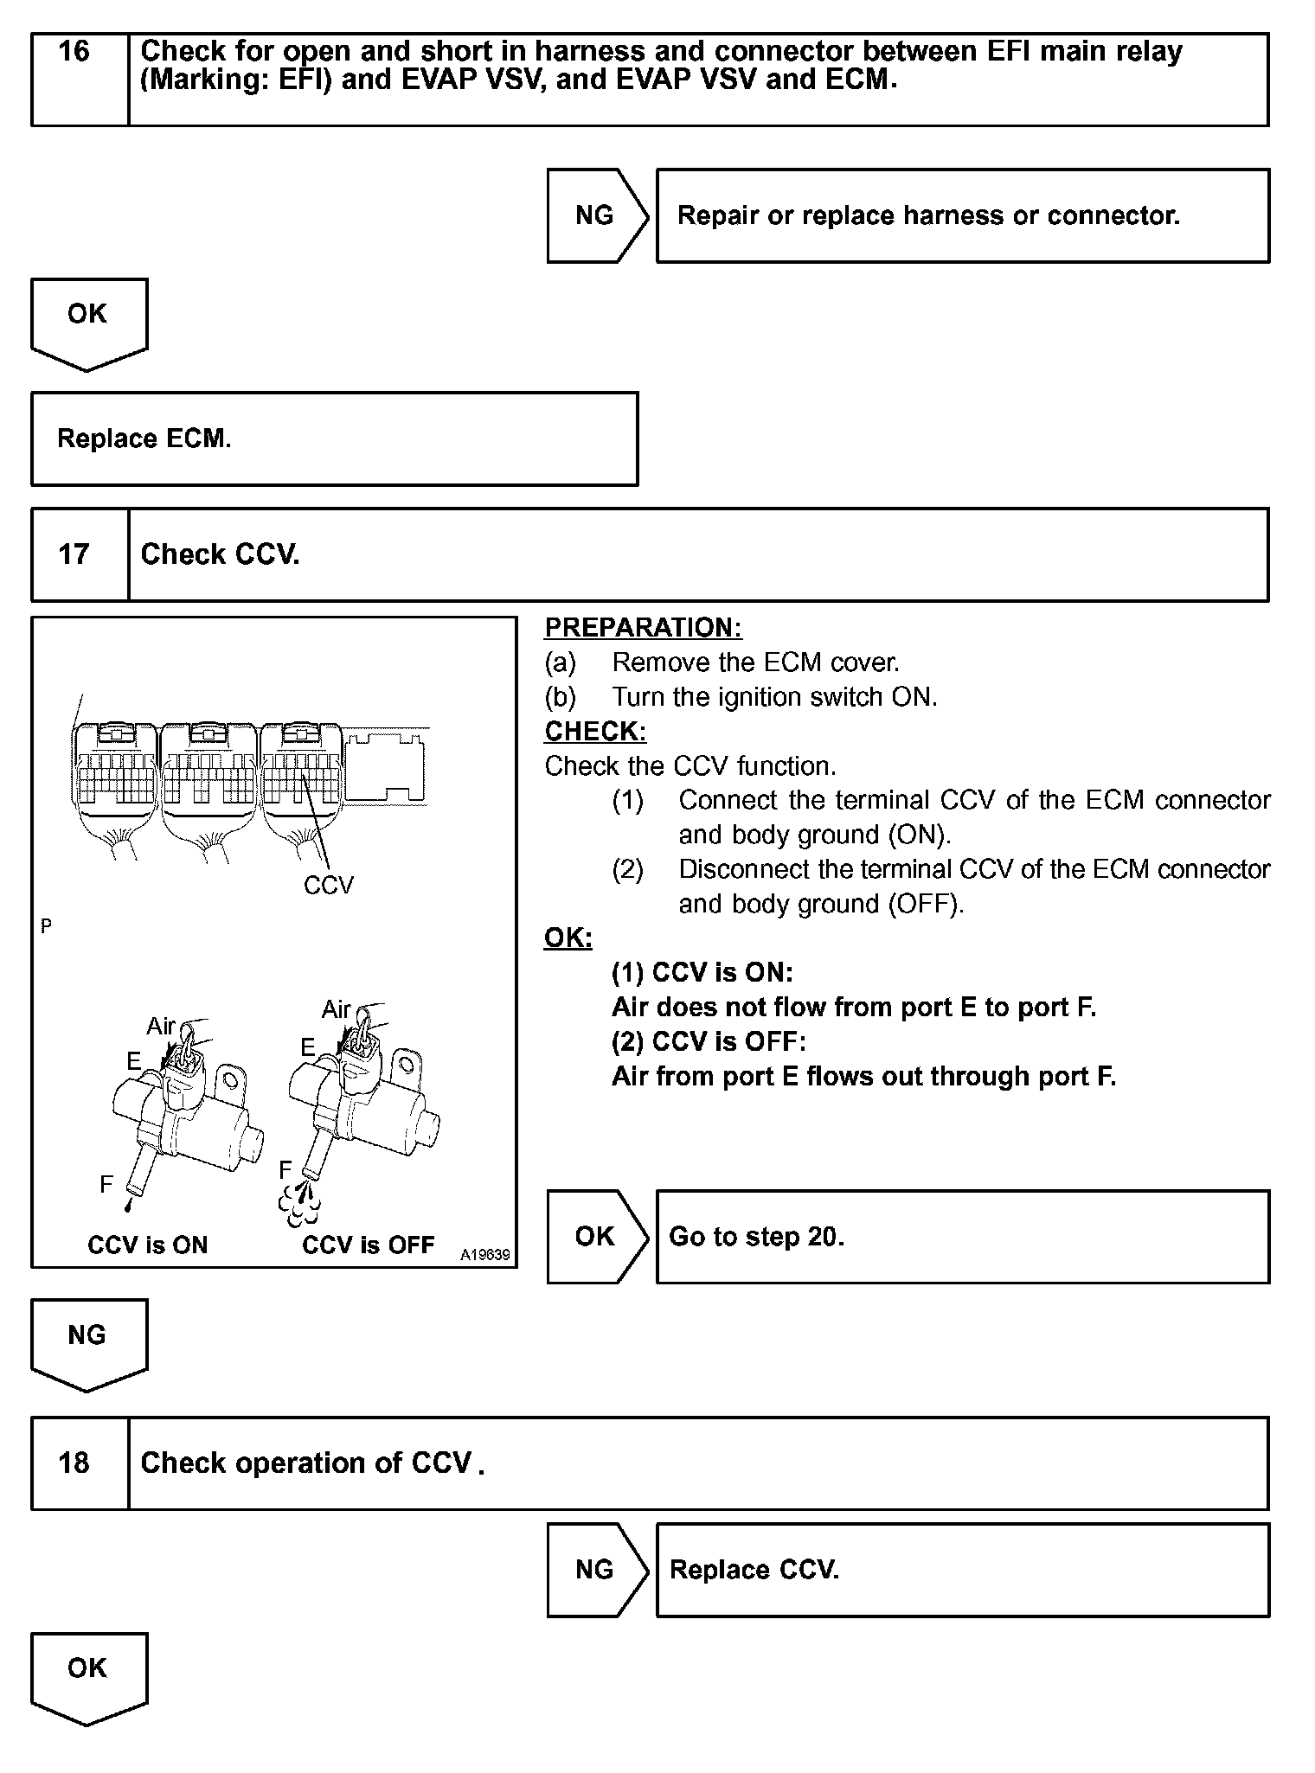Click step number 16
[x=74, y=52]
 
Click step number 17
[x=74, y=554]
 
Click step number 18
[x=74, y=1463]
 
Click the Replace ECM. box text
[x=144, y=439]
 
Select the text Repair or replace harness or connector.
[x=928, y=215]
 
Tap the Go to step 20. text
[x=757, y=1237]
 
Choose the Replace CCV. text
[x=754, y=1570]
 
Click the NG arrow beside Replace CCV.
[x=595, y=1570]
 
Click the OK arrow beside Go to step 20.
[x=595, y=1237]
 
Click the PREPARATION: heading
[x=643, y=628]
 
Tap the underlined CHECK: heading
[x=595, y=732]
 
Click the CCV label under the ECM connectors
[x=329, y=886]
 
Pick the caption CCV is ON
[x=148, y=1245]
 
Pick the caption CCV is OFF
[x=368, y=1245]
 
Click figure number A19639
[x=484, y=1255]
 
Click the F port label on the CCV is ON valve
[x=106, y=1184]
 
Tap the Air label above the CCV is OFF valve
[x=336, y=1009]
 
